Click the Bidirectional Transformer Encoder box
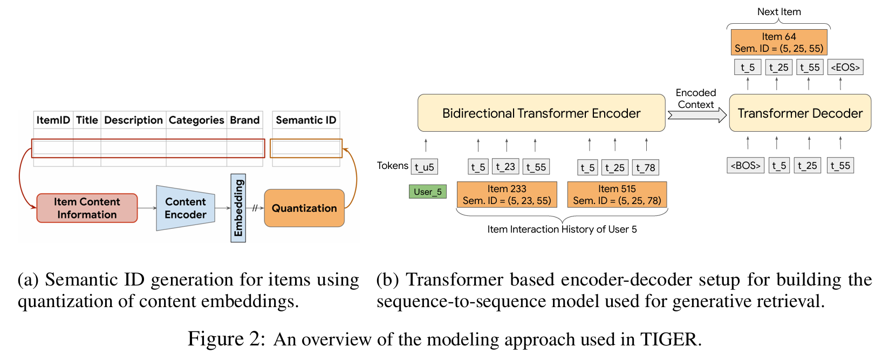(541, 113)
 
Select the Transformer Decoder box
(800, 113)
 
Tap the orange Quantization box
(304, 208)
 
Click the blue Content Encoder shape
(185, 208)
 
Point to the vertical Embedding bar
(238, 208)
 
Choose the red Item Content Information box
(87, 208)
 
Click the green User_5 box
(428, 192)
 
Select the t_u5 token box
(425, 167)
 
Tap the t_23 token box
(505, 167)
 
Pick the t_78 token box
(646, 167)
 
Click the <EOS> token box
(845, 67)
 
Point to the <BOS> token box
(745, 165)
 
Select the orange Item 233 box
(507, 194)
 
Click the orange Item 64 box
(779, 42)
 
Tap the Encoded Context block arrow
(697, 115)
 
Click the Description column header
(133, 120)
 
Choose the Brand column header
(245, 120)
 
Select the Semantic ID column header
(306, 120)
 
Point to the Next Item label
(779, 11)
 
